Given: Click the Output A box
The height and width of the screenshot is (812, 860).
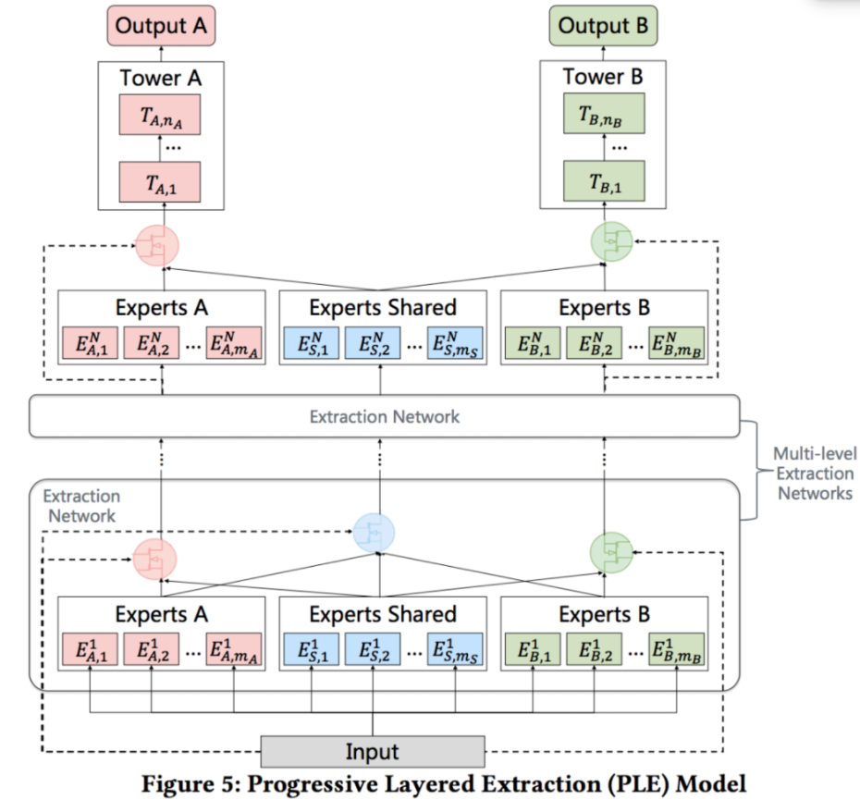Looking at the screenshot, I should pos(161,26).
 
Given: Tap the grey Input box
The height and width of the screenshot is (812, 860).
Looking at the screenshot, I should pos(373,751).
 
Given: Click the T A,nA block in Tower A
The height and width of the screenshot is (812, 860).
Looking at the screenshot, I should pos(161,117).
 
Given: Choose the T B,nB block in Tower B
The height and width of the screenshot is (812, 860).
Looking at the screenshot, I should pos(604,117).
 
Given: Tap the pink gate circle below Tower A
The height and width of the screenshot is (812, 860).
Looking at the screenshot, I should pos(155,244).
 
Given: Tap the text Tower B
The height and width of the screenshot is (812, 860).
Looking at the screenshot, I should pos(603,78).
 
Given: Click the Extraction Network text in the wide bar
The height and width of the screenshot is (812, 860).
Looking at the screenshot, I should pos(384,416).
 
